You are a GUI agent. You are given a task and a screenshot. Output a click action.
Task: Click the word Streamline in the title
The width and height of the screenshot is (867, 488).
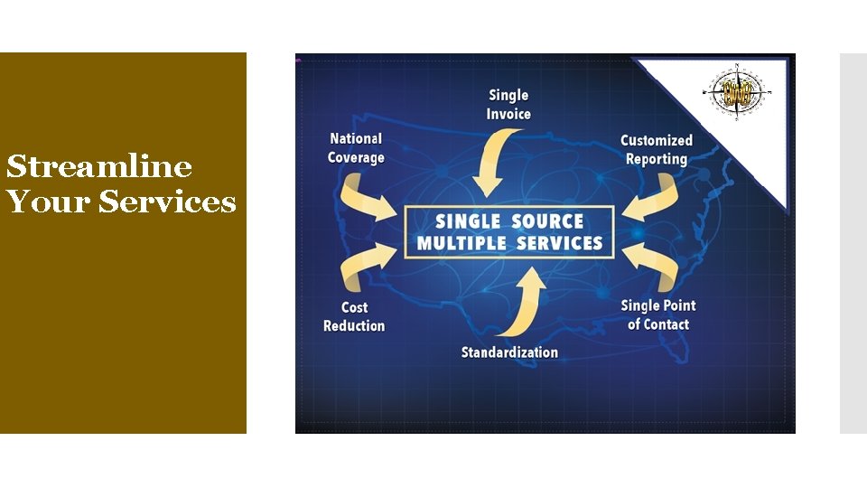point(99,167)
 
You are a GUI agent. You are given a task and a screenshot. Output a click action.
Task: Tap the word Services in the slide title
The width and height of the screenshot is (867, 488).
point(168,202)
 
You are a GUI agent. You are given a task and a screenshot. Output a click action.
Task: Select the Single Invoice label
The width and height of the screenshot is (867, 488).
point(508,105)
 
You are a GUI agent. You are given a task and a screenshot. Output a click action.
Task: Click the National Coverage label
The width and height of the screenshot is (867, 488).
point(356,148)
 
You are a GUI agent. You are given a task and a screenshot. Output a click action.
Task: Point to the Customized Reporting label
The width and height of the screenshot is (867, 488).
point(656,150)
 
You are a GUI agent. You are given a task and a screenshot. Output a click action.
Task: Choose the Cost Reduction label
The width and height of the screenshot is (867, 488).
point(354,316)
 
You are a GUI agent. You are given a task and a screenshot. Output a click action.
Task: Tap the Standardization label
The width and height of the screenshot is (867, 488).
point(509,352)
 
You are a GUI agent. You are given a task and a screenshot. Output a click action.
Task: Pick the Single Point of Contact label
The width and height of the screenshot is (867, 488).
point(658,314)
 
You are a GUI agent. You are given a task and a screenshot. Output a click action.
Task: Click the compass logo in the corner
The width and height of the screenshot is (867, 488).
point(740,92)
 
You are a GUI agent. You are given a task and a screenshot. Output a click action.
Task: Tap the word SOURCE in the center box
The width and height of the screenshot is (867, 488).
point(548,221)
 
